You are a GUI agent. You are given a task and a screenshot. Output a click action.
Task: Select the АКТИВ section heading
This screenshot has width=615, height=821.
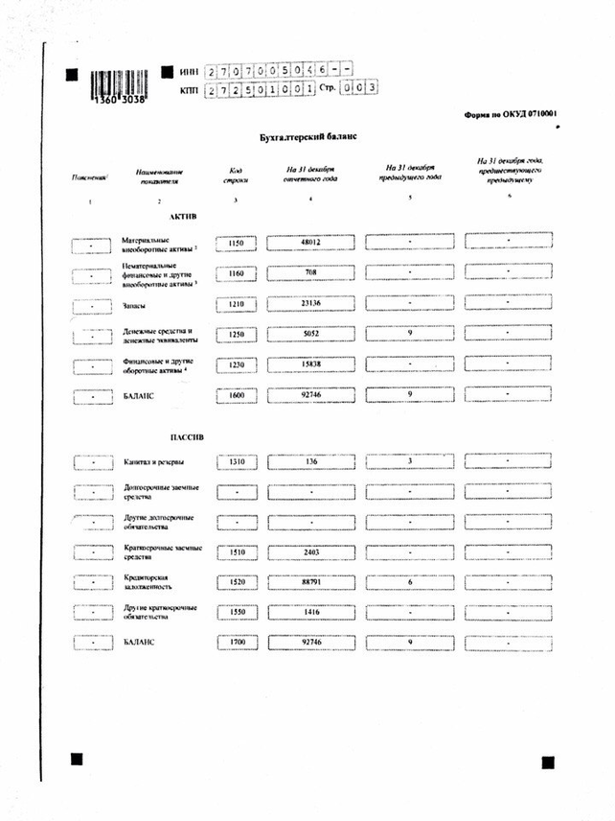tap(182, 217)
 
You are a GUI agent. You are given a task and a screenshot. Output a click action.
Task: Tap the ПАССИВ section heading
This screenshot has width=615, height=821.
tap(185, 436)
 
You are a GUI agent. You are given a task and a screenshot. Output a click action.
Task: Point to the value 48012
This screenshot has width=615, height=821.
tap(308, 244)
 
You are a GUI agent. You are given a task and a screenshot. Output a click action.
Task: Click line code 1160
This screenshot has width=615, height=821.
tap(237, 273)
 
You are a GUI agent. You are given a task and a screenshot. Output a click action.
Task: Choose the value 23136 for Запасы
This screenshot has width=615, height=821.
tap(308, 303)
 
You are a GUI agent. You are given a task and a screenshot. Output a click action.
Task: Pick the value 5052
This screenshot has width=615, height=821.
tap(308, 334)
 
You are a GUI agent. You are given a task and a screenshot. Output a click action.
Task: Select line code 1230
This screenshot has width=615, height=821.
tap(237, 364)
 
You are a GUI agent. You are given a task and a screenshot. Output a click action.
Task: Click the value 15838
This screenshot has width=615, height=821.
tap(308, 364)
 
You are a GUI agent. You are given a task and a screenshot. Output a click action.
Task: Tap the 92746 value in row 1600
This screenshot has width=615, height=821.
tap(308, 394)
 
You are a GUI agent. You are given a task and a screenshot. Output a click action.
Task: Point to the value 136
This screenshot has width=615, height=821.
tap(308, 461)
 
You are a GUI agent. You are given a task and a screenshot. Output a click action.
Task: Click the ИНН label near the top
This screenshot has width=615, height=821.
tap(188, 72)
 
